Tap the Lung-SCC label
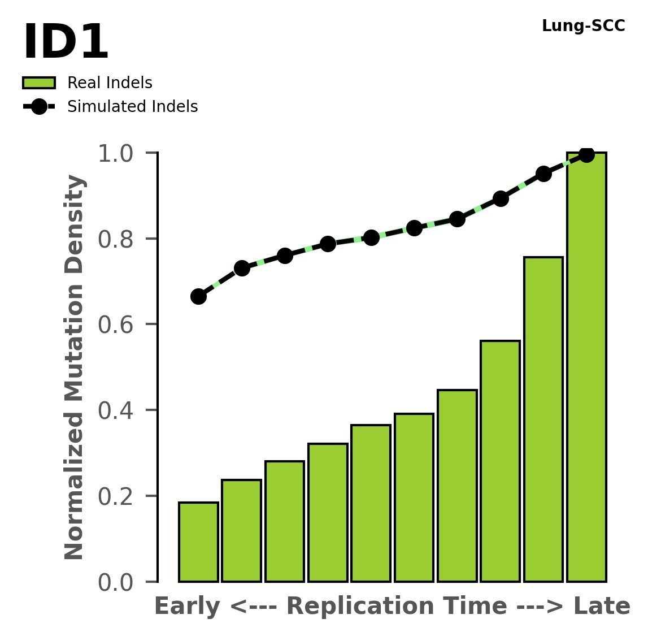(583, 26)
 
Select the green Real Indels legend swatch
(39, 83)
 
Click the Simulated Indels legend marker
(39, 107)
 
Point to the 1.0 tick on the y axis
(119, 154)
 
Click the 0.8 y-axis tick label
(119, 240)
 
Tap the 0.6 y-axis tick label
(119, 325)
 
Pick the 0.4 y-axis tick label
(119, 411)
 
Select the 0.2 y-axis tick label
(119, 497)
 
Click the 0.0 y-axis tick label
(119, 583)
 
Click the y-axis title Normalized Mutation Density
(75, 367)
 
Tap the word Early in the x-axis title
(188, 607)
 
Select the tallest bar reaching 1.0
(586, 367)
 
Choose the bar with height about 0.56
(500, 461)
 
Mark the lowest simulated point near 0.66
(198, 296)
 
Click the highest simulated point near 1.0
(586, 154)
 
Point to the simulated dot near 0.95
(543, 174)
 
